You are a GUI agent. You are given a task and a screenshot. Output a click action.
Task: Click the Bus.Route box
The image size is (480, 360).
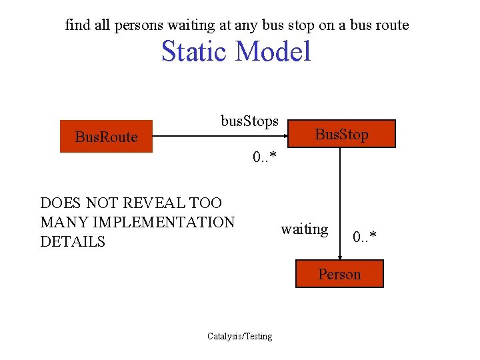click(x=107, y=137)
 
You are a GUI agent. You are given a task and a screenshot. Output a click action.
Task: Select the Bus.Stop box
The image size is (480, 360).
click(x=341, y=134)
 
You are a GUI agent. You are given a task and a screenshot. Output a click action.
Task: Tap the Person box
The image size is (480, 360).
click(x=339, y=274)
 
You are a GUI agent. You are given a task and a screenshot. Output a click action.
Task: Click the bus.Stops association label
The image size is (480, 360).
click(x=249, y=122)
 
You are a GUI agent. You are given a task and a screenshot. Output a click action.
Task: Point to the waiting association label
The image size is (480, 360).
click(x=304, y=229)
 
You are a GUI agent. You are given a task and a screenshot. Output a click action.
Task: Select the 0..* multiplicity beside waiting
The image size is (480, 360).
click(x=365, y=237)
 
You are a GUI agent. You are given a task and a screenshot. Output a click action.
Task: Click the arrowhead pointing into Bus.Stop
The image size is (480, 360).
click(x=290, y=137)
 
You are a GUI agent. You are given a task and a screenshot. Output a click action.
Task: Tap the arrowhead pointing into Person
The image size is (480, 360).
click(x=340, y=257)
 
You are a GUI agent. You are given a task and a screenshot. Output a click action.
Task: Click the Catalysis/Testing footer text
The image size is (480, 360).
click(x=240, y=336)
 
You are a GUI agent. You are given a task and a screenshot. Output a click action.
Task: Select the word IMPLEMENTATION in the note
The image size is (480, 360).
click(x=165, y=222)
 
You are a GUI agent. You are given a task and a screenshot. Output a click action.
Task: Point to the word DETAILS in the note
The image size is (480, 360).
click(x=73, y=241)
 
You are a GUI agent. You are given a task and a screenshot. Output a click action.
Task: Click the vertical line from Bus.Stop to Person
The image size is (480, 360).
click(x=340, y=200)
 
